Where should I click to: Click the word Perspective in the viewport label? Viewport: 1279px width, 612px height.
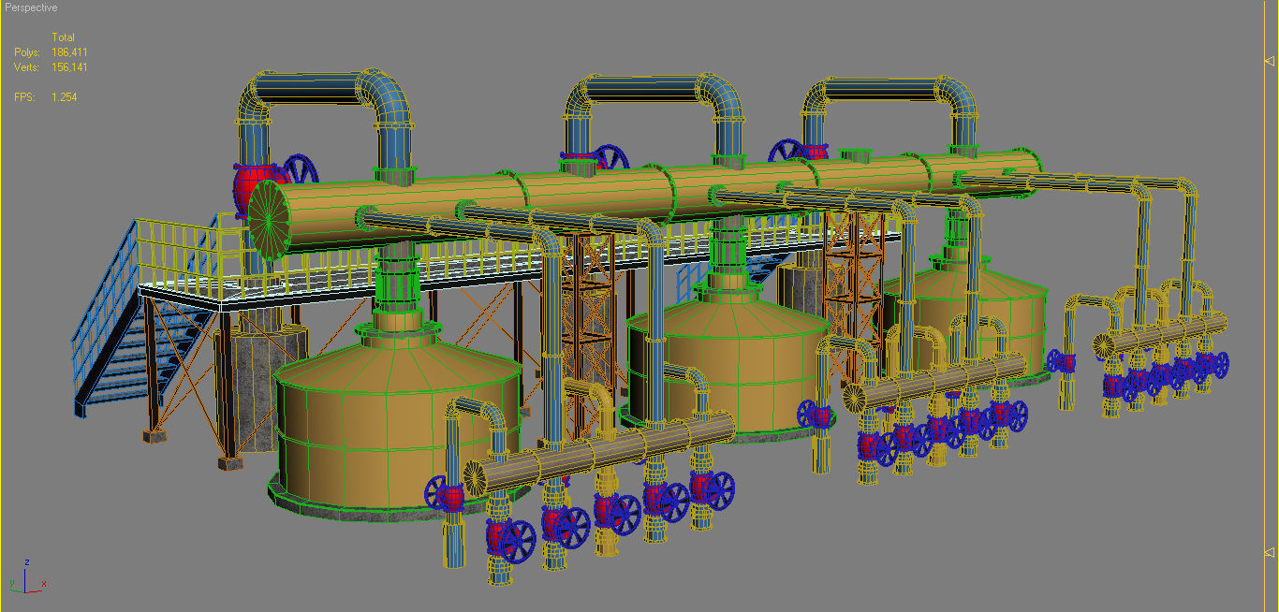click(32, 7)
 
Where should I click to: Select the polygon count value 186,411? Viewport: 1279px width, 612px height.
click(69, 52)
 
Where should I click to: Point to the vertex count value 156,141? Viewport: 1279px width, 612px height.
click(69, 67)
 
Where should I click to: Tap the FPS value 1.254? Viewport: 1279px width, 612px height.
click(65, 97)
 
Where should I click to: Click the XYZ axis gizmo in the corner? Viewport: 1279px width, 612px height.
click(28, 580)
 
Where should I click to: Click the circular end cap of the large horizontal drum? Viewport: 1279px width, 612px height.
click(269, 219)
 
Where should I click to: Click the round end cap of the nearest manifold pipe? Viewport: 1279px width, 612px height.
click(477, 478)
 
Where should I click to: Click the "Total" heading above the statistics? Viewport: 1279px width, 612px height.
click(63, 37)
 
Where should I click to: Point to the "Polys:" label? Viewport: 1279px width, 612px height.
click(27, 52)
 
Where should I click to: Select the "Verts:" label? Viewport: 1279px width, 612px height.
click(27, 67)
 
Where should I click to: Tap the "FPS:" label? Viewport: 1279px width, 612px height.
click(24, 97)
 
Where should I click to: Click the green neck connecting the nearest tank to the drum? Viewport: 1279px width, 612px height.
click(400, 281)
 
